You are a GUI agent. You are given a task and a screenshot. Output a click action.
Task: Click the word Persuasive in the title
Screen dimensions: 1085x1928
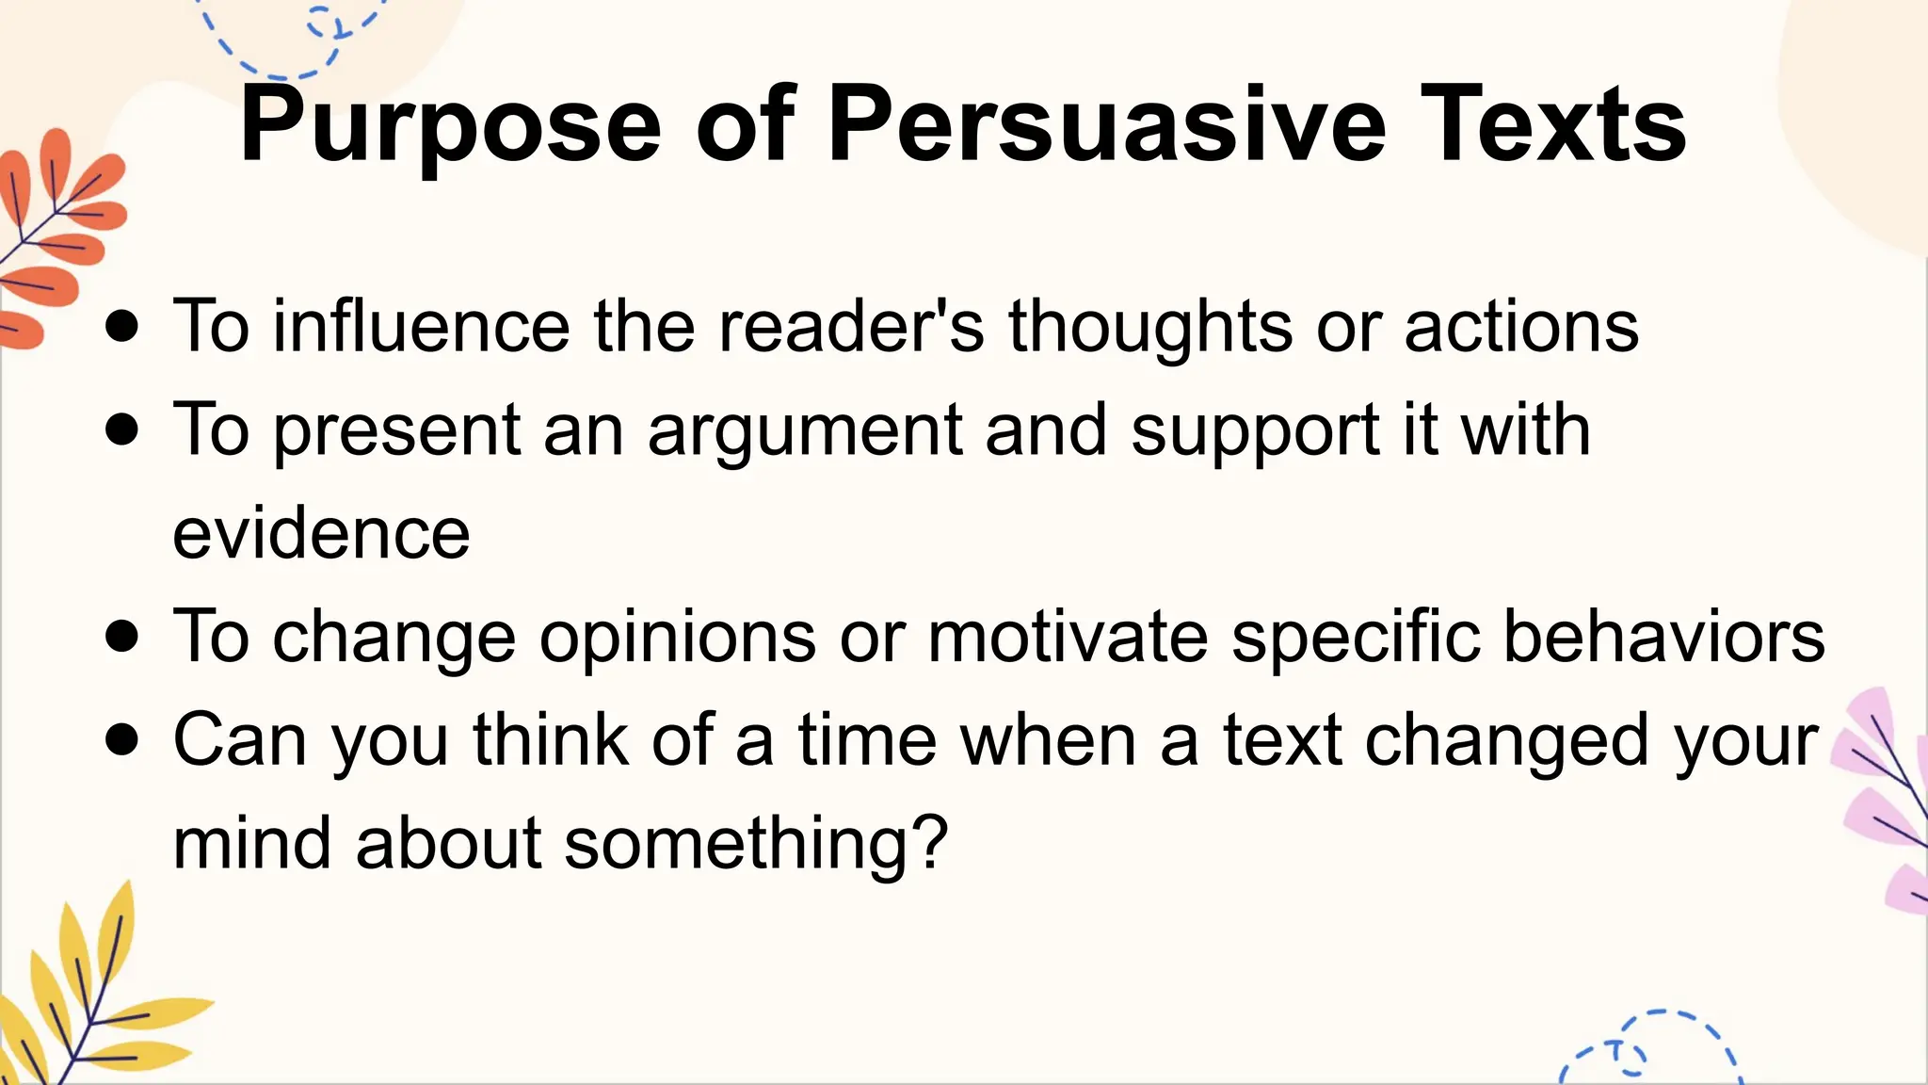(x=1106, y=125)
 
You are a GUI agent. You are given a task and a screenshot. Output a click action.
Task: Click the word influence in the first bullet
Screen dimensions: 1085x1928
(x=421, y=326)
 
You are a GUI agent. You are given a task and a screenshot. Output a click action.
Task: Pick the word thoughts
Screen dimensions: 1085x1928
(x=1150, y=326)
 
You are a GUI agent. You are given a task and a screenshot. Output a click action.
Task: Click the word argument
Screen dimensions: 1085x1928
(x=805, y=430)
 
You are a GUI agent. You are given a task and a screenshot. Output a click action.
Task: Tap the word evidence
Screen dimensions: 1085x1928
(x=321, y=533)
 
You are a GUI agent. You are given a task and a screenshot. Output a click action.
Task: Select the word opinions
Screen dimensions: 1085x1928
(x=677, y=637)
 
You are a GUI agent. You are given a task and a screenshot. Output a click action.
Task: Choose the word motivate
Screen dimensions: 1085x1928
(x=1068, y=637)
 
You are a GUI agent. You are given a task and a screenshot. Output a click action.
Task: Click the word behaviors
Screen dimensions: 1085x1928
(x=1663, y=637)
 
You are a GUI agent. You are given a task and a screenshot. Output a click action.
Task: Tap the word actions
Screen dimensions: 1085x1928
(x=1521, y=326)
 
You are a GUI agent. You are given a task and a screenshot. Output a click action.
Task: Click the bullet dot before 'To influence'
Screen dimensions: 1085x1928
(x=122, y=327)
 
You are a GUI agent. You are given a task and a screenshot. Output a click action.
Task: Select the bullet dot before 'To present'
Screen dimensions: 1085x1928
(x=122, y=430)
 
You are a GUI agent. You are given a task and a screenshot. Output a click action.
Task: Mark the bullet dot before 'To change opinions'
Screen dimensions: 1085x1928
(x=122, y=637)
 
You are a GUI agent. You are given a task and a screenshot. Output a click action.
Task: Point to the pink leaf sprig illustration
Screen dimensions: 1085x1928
(x=1883, y=801)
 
